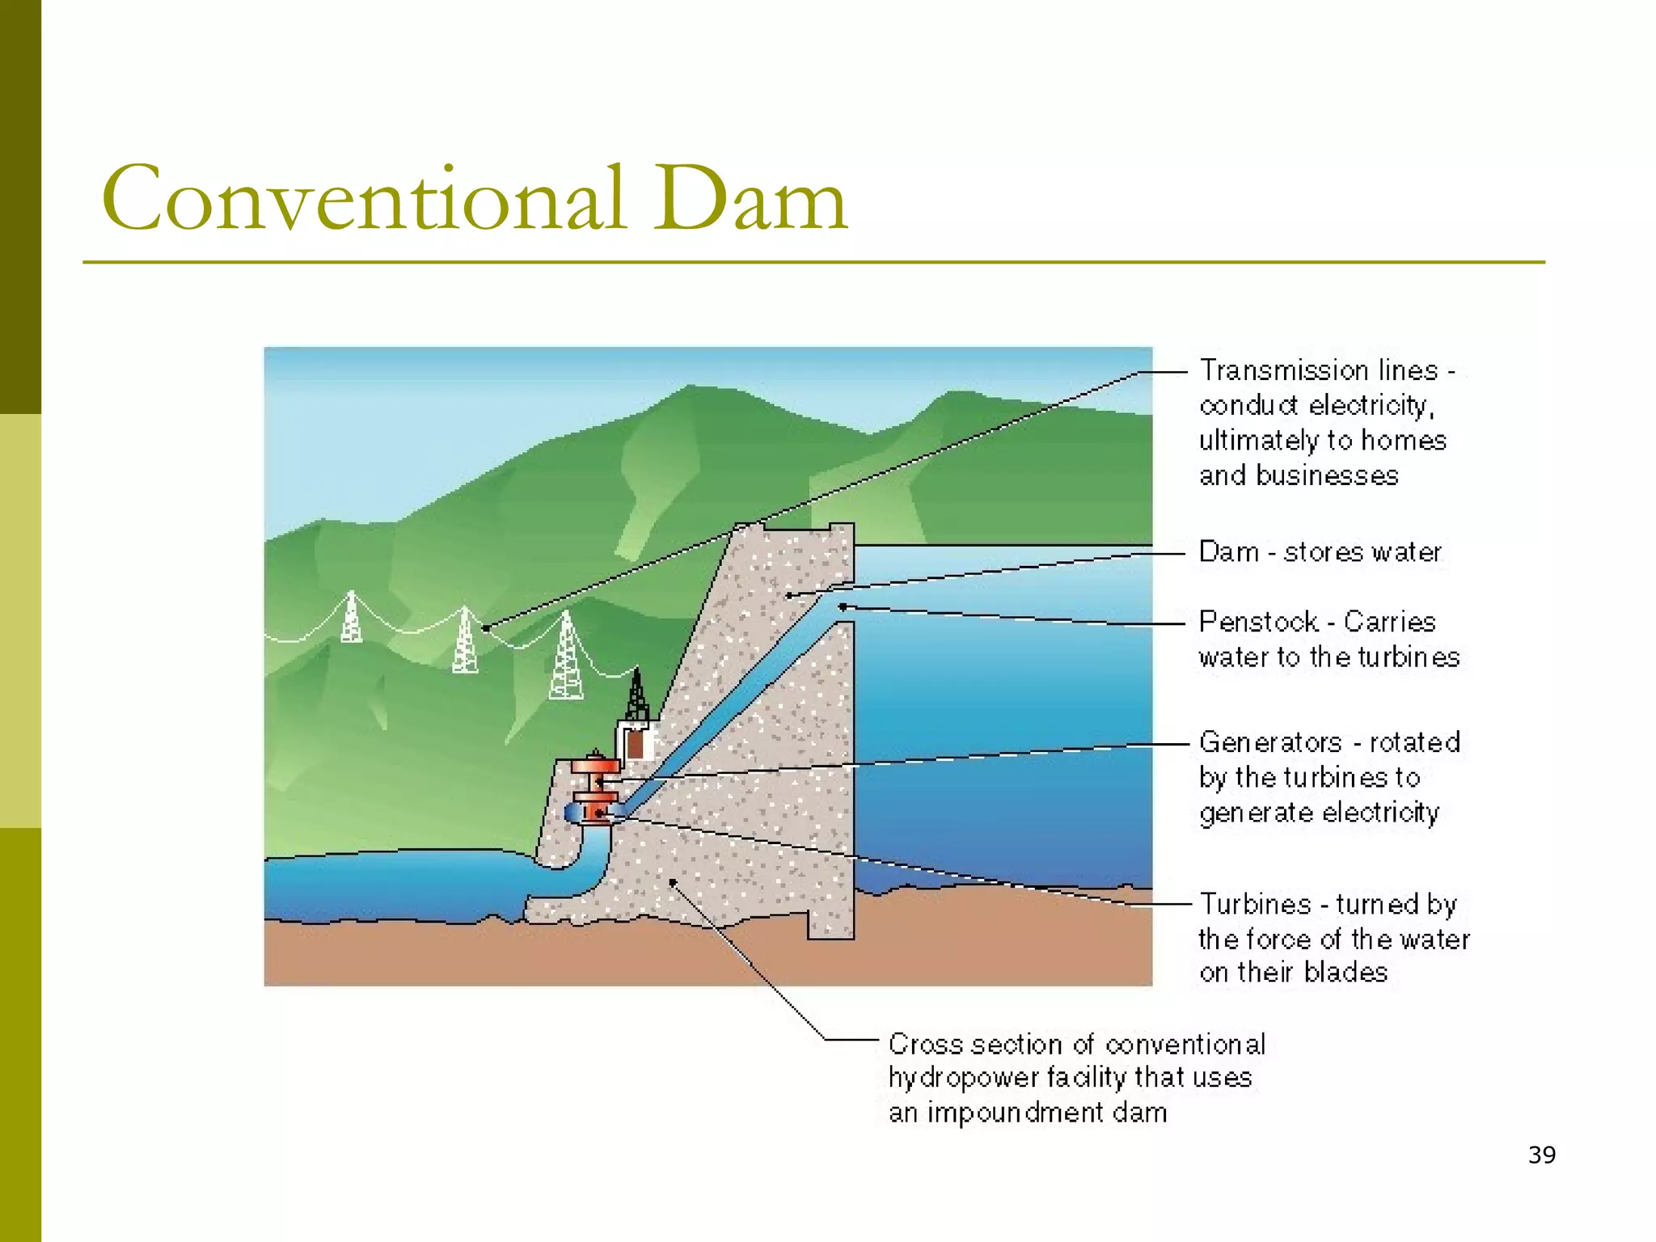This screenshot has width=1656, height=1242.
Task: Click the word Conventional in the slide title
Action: [x=364, y=199]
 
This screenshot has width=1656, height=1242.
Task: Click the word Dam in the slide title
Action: [x=750, y=199]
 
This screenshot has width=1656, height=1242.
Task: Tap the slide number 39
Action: [x=1542, y=1155]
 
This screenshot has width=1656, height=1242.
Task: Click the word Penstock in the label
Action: [x=1258, y=622]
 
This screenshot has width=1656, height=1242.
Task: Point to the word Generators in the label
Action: [x=1270, y=742]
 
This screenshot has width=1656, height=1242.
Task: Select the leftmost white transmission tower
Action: [x=351, y=617]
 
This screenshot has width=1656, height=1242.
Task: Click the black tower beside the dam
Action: [x=637, y=695]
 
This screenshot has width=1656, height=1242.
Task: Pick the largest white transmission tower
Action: [x=566, y=657]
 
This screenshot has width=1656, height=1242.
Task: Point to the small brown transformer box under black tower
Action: [x=636, y=744]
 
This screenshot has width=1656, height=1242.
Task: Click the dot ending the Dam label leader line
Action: [x=789, y=596]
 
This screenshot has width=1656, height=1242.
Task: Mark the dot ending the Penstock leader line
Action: [x=842, y=606]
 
